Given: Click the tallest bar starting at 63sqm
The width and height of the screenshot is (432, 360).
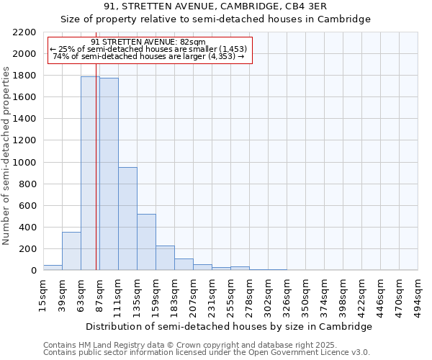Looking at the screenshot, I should pyautogui.click(x=90, y=174).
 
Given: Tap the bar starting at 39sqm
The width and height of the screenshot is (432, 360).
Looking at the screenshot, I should pyautogui.click(x=71, y=251).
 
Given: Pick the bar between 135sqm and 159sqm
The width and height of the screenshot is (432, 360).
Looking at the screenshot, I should pyautogui.click(x=146, y=242).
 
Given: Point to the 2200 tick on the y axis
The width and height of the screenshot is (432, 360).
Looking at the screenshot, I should pyautogui.click(x=26, y=32).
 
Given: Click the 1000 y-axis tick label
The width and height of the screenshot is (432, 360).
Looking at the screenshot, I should pyautogui.click(x=26, y=163).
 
